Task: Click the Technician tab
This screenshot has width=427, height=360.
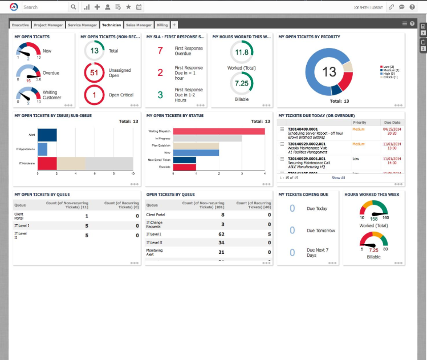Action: pos(112,25)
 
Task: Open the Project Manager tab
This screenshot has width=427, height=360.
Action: pos(48,25)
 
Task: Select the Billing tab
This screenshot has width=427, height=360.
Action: pos(162,25)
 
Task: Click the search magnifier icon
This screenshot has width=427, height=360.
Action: pos(73,7)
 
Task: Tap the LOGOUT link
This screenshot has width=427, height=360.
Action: pos(377,7)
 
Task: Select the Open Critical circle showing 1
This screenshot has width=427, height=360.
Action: pos(94,95)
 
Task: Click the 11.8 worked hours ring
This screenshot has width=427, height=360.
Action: pos(242,52)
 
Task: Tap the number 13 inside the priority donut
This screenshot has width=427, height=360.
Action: pos(329,72)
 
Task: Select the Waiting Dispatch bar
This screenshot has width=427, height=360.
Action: pos(219,131)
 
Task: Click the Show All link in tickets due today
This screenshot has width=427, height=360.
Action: pos(338,178)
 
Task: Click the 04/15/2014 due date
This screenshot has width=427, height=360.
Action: pos(393,130)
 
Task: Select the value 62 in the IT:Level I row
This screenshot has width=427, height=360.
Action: pos(221,234)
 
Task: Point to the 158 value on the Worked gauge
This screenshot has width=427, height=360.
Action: pos(374,219)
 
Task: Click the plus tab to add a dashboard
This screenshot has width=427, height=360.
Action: pos(174,25)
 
